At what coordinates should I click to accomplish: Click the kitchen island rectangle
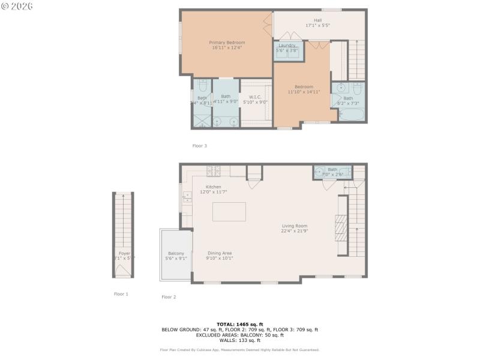coord(229,211)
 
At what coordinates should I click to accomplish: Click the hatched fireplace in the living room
coord(340,230)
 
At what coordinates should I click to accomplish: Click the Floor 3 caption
coord(199,146)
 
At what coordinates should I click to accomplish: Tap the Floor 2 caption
coord(169,297)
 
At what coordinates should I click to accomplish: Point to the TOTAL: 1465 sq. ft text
coord(239,324)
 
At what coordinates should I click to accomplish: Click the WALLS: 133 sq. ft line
coord(239,340)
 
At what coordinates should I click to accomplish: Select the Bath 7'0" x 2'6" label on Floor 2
coord(332,170)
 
